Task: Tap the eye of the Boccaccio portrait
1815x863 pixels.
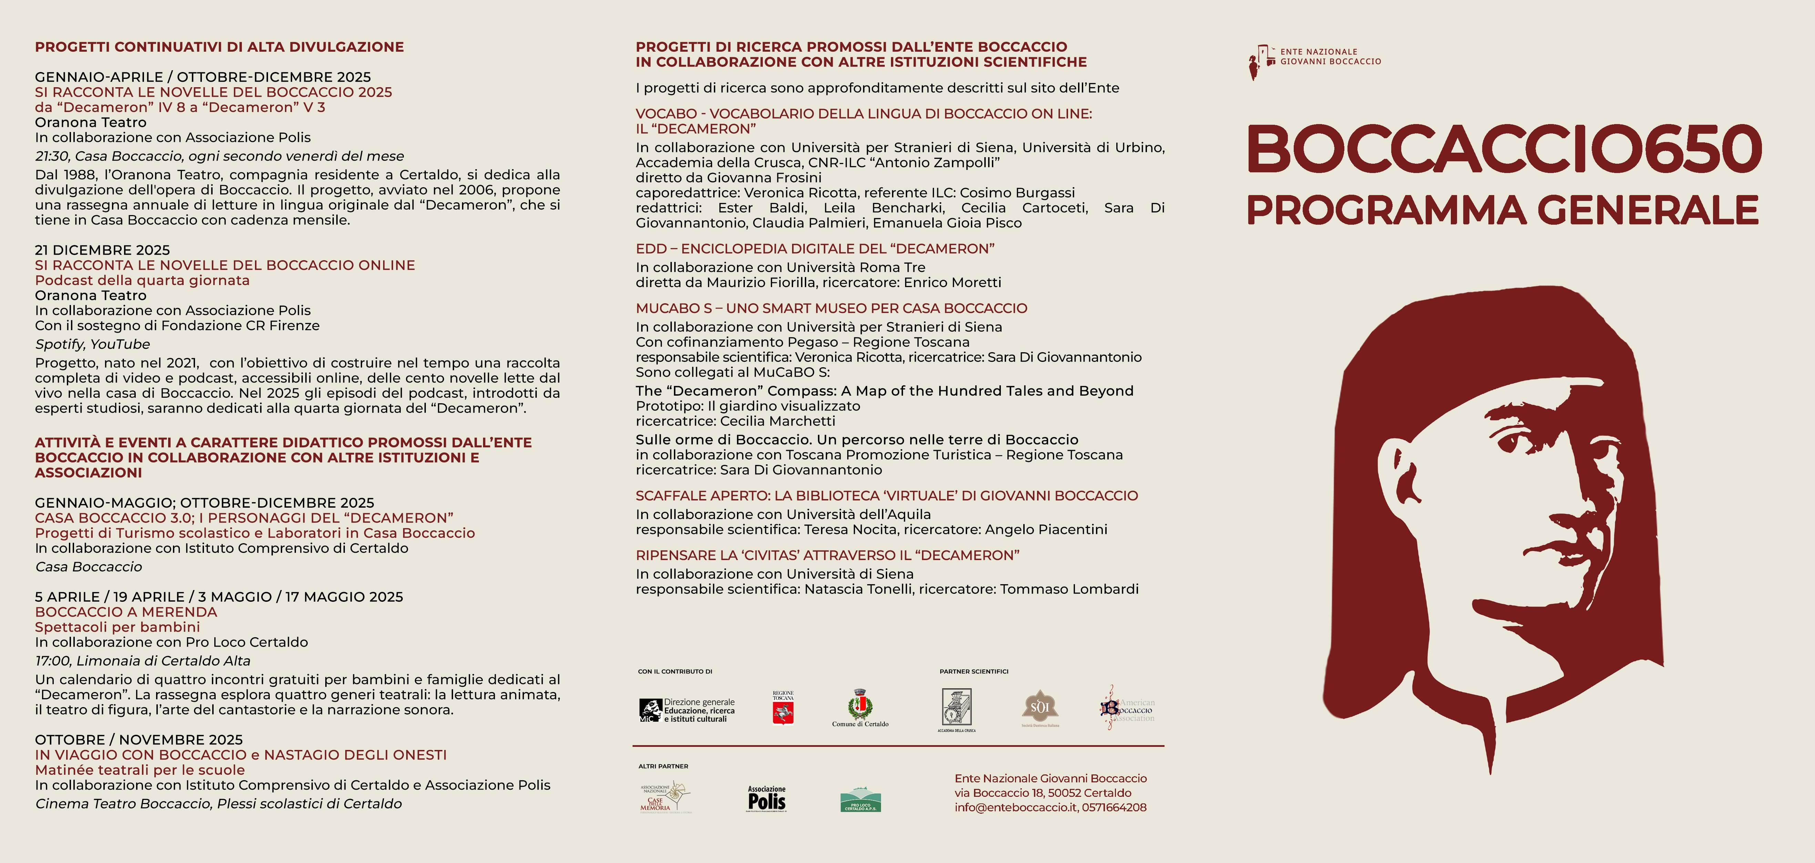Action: click(1511, 441)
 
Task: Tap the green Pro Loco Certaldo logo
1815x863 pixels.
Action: click(860, 800)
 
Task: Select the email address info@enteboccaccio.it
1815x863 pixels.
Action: click(1015, 807)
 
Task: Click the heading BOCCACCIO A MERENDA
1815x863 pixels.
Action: click(126, 612)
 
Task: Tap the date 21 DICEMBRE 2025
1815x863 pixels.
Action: click(102, 250)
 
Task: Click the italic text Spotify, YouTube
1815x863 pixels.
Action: click(92, 344)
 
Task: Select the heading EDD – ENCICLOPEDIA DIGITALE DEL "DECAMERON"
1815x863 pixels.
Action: click(814, 249)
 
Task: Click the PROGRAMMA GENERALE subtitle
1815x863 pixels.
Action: click(1502, 210)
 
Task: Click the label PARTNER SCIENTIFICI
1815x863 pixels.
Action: click(974, 671)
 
